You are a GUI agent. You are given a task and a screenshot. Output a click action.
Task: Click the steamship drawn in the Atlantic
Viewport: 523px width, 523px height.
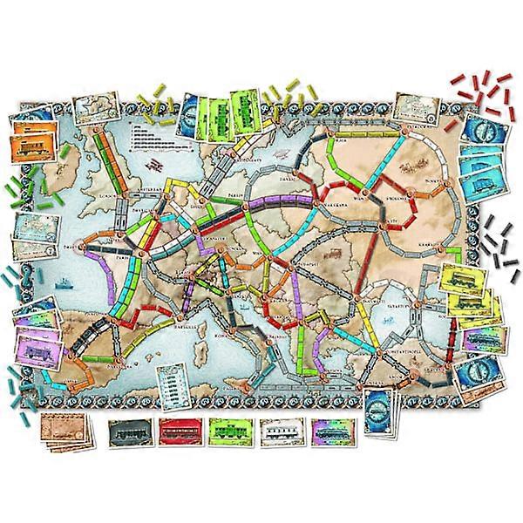click(66, 282)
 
